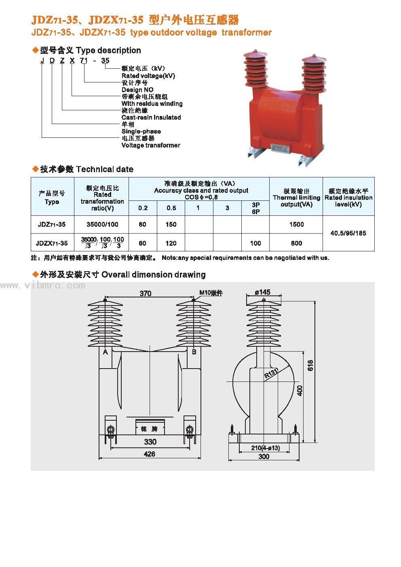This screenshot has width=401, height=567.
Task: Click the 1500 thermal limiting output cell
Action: coord(296,224)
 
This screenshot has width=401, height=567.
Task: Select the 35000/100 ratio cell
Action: coord(102,224)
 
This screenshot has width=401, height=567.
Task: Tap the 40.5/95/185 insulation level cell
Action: coord(348,233)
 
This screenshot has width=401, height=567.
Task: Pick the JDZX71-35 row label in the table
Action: coord(52,243)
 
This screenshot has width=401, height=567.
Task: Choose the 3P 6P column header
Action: coord(255,208)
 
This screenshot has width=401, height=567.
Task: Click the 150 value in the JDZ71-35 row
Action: coord(171,224)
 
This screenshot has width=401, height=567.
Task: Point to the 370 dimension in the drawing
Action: coord(146,293)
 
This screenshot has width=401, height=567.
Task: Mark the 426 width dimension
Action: coord(150,454)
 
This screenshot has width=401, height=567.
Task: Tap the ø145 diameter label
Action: coord(263,292)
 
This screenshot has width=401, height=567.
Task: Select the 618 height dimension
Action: coord(310,366)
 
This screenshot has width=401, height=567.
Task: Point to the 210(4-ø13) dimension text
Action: coord(265,448)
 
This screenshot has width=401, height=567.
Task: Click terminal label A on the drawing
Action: coord(106,352)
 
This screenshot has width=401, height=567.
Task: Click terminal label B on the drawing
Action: coord(194,352)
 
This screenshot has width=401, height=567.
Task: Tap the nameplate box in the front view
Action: coord(150,427)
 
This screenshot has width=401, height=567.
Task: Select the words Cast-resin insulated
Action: coord(151,117)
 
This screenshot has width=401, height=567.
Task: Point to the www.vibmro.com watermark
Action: coord(43,286)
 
